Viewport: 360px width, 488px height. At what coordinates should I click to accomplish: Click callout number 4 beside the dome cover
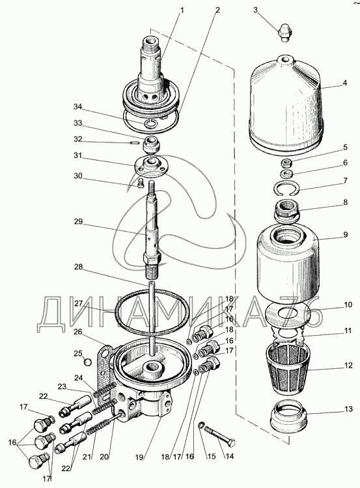345,83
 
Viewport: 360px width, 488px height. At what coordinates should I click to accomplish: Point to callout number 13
348,409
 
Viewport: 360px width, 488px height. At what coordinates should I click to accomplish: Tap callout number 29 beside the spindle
78,222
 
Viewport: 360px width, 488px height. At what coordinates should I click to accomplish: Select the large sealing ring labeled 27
152,308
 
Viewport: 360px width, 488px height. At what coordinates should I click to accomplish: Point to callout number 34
77,107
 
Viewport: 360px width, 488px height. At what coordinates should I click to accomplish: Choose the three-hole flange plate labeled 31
152,165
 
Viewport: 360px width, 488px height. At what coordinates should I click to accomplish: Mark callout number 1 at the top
182,10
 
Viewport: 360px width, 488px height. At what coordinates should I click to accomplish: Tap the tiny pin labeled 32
134,143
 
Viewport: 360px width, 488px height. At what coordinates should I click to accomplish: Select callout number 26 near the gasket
78,332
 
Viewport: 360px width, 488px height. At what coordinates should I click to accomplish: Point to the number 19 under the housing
139,457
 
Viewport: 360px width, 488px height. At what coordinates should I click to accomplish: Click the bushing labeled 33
151,144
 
